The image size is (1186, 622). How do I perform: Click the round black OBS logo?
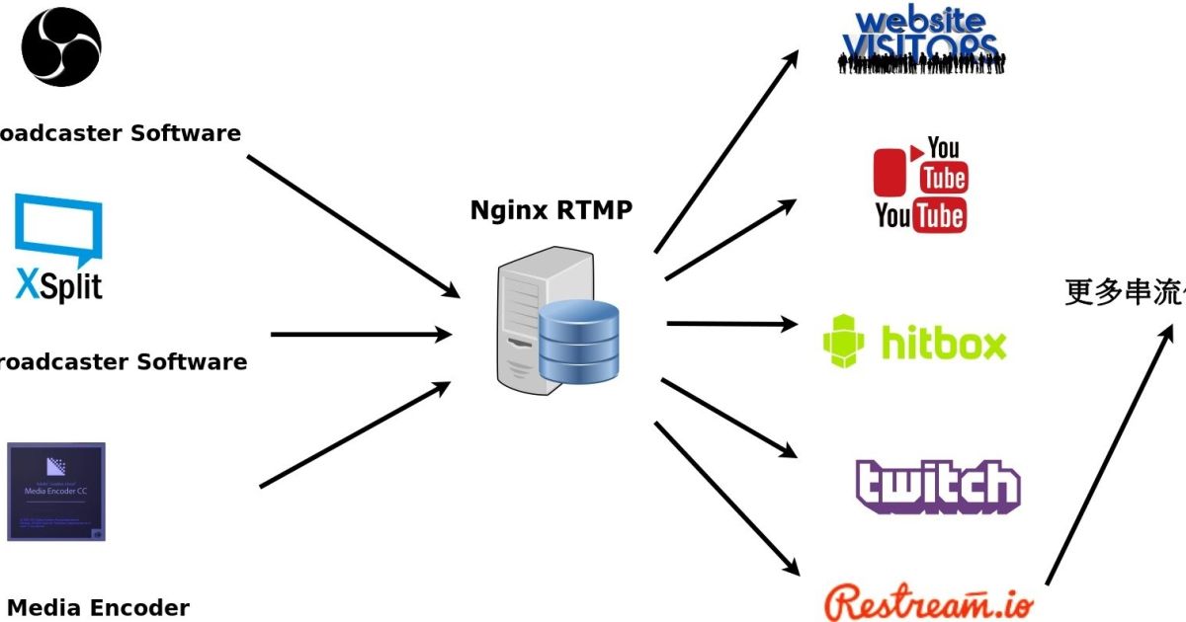pos(61,46)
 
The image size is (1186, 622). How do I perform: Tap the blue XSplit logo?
pos(58,248)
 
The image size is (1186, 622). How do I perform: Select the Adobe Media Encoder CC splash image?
pos(56,492)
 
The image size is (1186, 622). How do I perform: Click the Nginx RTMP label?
pos(551,210)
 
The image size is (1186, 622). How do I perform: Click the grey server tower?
pos(524,321)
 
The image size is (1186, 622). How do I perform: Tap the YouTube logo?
pos(920,185)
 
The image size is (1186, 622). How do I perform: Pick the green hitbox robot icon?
pos(843,342)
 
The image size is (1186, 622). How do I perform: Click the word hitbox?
pos(943,344)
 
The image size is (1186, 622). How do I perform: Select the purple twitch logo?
pos(937,486)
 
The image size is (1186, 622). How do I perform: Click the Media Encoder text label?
pos(98,607)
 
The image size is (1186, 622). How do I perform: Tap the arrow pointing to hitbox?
pos(731,323)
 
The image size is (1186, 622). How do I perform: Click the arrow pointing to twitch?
pos(728,418)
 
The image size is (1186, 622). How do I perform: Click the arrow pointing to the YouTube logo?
pos(730,240)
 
